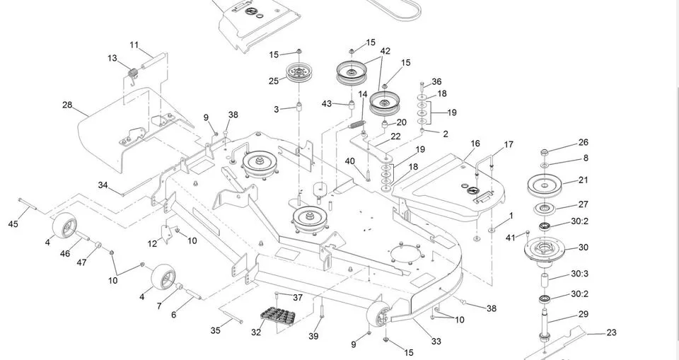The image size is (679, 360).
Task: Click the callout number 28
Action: click(x=67, y=105)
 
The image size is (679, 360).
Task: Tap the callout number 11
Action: click(x=134, y=45)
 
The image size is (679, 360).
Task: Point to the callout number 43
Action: click(x=327, y=104)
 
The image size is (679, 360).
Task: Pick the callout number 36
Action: click(x=436, y=81)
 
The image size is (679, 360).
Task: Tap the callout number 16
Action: click(x=475, y=144)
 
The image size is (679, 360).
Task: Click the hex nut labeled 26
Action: click(x=545, y=153)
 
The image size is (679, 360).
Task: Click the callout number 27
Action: click(x=584, y=204)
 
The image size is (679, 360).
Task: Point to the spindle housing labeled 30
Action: click(x=545, y=250)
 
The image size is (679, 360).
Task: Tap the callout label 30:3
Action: click(x=579, y=274)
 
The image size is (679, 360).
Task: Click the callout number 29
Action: click(x=584, y=314)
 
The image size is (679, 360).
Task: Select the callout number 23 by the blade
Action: click(x=611, y=332)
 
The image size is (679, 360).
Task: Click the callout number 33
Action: click(x=436, y=342)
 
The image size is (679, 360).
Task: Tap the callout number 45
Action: click(x=13, y=224)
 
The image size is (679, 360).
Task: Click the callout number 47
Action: click(x=81, y=262)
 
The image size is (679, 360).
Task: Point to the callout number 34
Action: click(x=103, y=185)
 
